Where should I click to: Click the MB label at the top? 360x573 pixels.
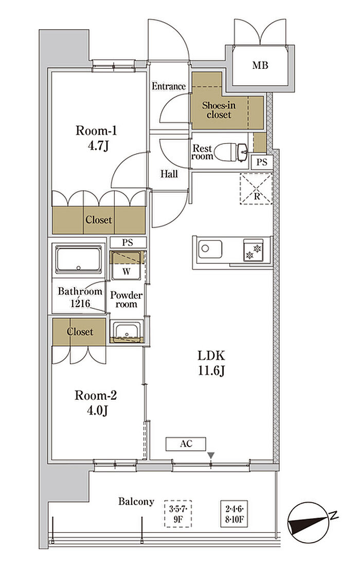point(260,65)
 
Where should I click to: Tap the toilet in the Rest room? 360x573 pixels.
point(230,152)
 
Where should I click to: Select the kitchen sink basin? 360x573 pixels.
point(210,249)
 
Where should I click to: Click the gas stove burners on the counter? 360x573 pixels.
point(253,250)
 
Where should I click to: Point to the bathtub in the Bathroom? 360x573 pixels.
point(78,259)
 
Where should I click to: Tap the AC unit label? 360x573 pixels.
point(186,444)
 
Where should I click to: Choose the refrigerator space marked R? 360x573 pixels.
point(256,189)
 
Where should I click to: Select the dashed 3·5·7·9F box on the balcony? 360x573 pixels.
point(178,514)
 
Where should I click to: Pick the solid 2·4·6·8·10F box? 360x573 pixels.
point(234,514)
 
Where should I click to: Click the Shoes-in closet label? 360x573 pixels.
point(219,110)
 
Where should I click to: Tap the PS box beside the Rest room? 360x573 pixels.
point(262,162)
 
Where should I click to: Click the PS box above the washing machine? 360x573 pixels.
point(128,243)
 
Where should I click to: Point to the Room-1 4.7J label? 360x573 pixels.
point(96,138)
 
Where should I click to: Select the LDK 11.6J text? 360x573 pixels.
point(211,363)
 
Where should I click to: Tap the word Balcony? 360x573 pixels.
point(136,502)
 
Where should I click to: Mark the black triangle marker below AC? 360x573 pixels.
point(211,455)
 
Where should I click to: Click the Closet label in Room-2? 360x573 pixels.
point(80,332)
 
